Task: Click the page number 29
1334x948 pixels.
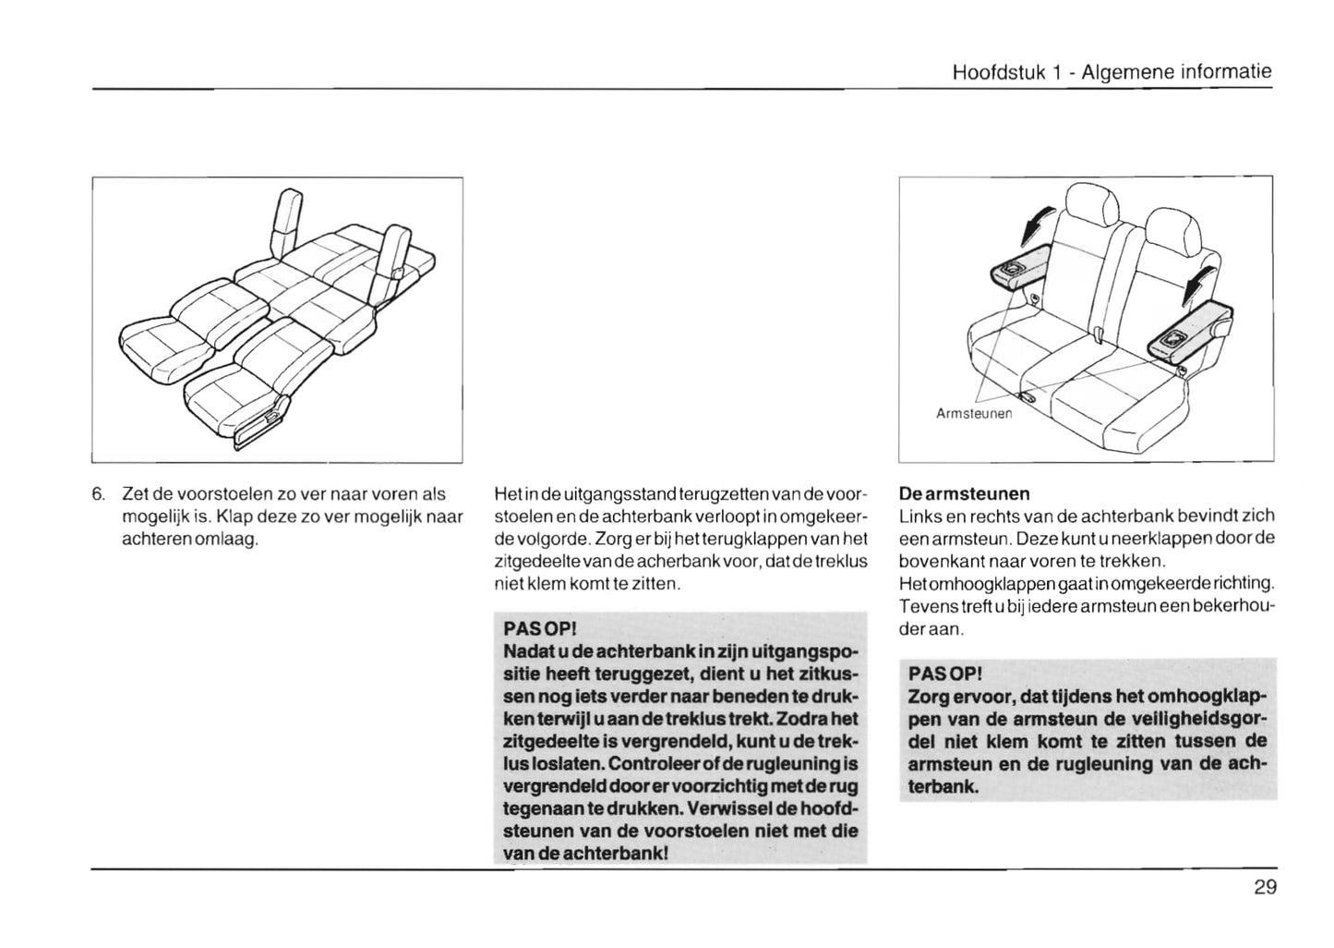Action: (x=1265, y=888)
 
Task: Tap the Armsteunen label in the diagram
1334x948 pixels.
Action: (x=974, y=414)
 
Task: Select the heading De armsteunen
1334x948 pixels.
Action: (x=964, y=493)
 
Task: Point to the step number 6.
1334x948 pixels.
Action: (x=98, y=494)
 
